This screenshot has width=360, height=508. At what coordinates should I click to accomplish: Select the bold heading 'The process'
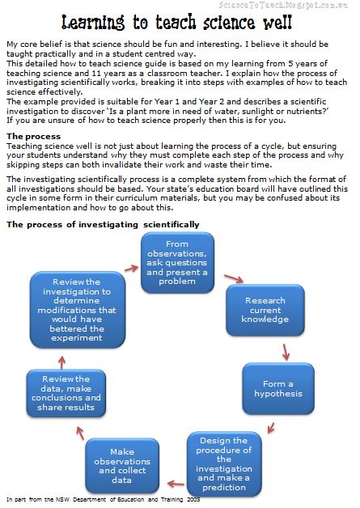32,135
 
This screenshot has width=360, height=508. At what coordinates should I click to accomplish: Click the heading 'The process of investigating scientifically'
103,223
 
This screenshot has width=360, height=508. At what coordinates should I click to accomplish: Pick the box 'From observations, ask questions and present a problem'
177,260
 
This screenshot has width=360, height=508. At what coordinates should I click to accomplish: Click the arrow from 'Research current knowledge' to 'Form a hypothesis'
286,352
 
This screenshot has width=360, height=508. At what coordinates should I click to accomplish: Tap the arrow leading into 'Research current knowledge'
234,281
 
